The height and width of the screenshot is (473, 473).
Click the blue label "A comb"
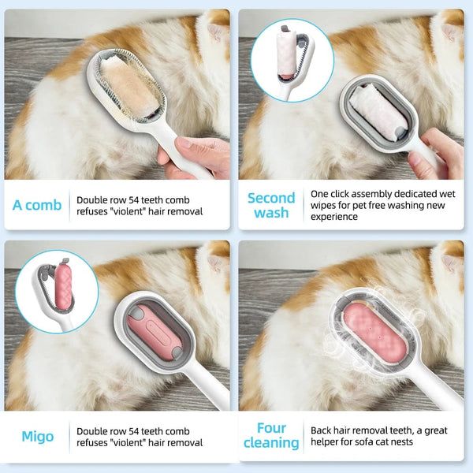click(37, 205)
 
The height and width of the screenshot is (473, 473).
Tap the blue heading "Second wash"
click(270, 205)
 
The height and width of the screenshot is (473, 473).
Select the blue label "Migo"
click(38, 436)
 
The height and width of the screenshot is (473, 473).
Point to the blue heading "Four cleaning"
click(270, 436)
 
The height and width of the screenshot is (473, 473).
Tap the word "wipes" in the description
click(328, 206)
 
